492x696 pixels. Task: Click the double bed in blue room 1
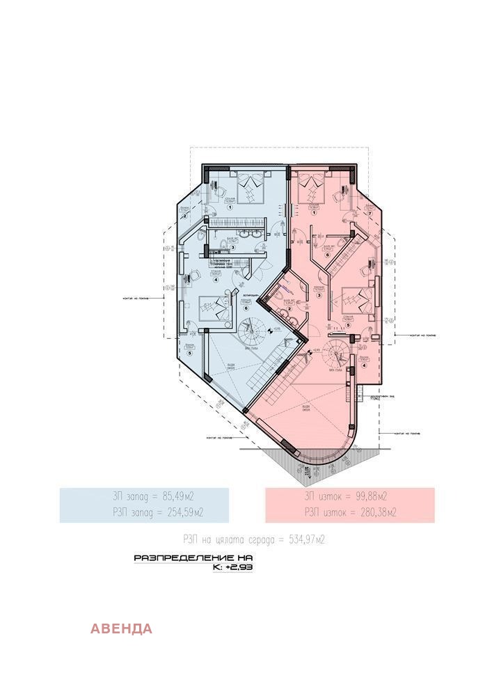pyautogui.click(x=248, y=185)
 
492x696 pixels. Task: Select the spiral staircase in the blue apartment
pyautogui.click(x=248, y=333)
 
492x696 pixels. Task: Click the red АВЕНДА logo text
pyautogui.click(x=121, y=629)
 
